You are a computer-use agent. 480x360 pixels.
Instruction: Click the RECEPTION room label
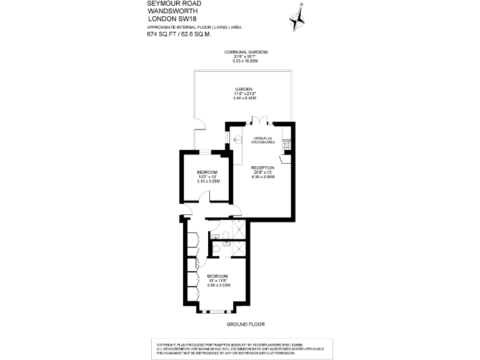tap(262, 167)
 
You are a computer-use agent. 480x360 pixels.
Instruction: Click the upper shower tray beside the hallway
tap(238, 229)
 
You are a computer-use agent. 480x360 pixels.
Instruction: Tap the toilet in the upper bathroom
tap(216, 236)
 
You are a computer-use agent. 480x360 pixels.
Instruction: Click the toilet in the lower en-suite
tap(216, 248)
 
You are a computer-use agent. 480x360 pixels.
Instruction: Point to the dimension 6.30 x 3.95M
tap(262, 177)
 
